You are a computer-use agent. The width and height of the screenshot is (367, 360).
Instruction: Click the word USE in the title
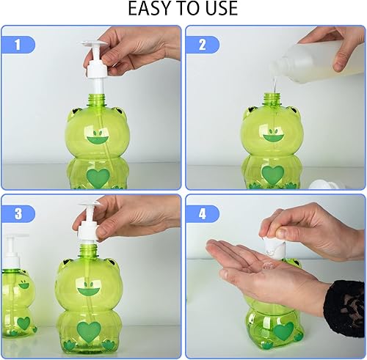point(219,10)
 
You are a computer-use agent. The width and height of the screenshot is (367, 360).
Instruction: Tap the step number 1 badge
point(24,45)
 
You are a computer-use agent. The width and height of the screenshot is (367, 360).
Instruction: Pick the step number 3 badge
point(24,213)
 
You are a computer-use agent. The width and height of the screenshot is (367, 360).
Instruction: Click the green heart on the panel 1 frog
point(98,177)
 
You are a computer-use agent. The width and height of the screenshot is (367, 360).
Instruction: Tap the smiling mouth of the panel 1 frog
point(98,136)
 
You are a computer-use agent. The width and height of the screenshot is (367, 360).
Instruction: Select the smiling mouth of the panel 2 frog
point(273,136)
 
